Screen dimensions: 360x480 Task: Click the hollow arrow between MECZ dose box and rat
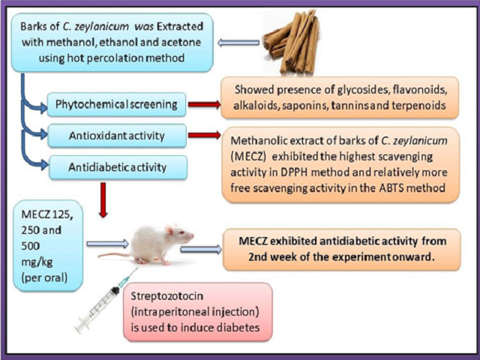coord(107,243)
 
